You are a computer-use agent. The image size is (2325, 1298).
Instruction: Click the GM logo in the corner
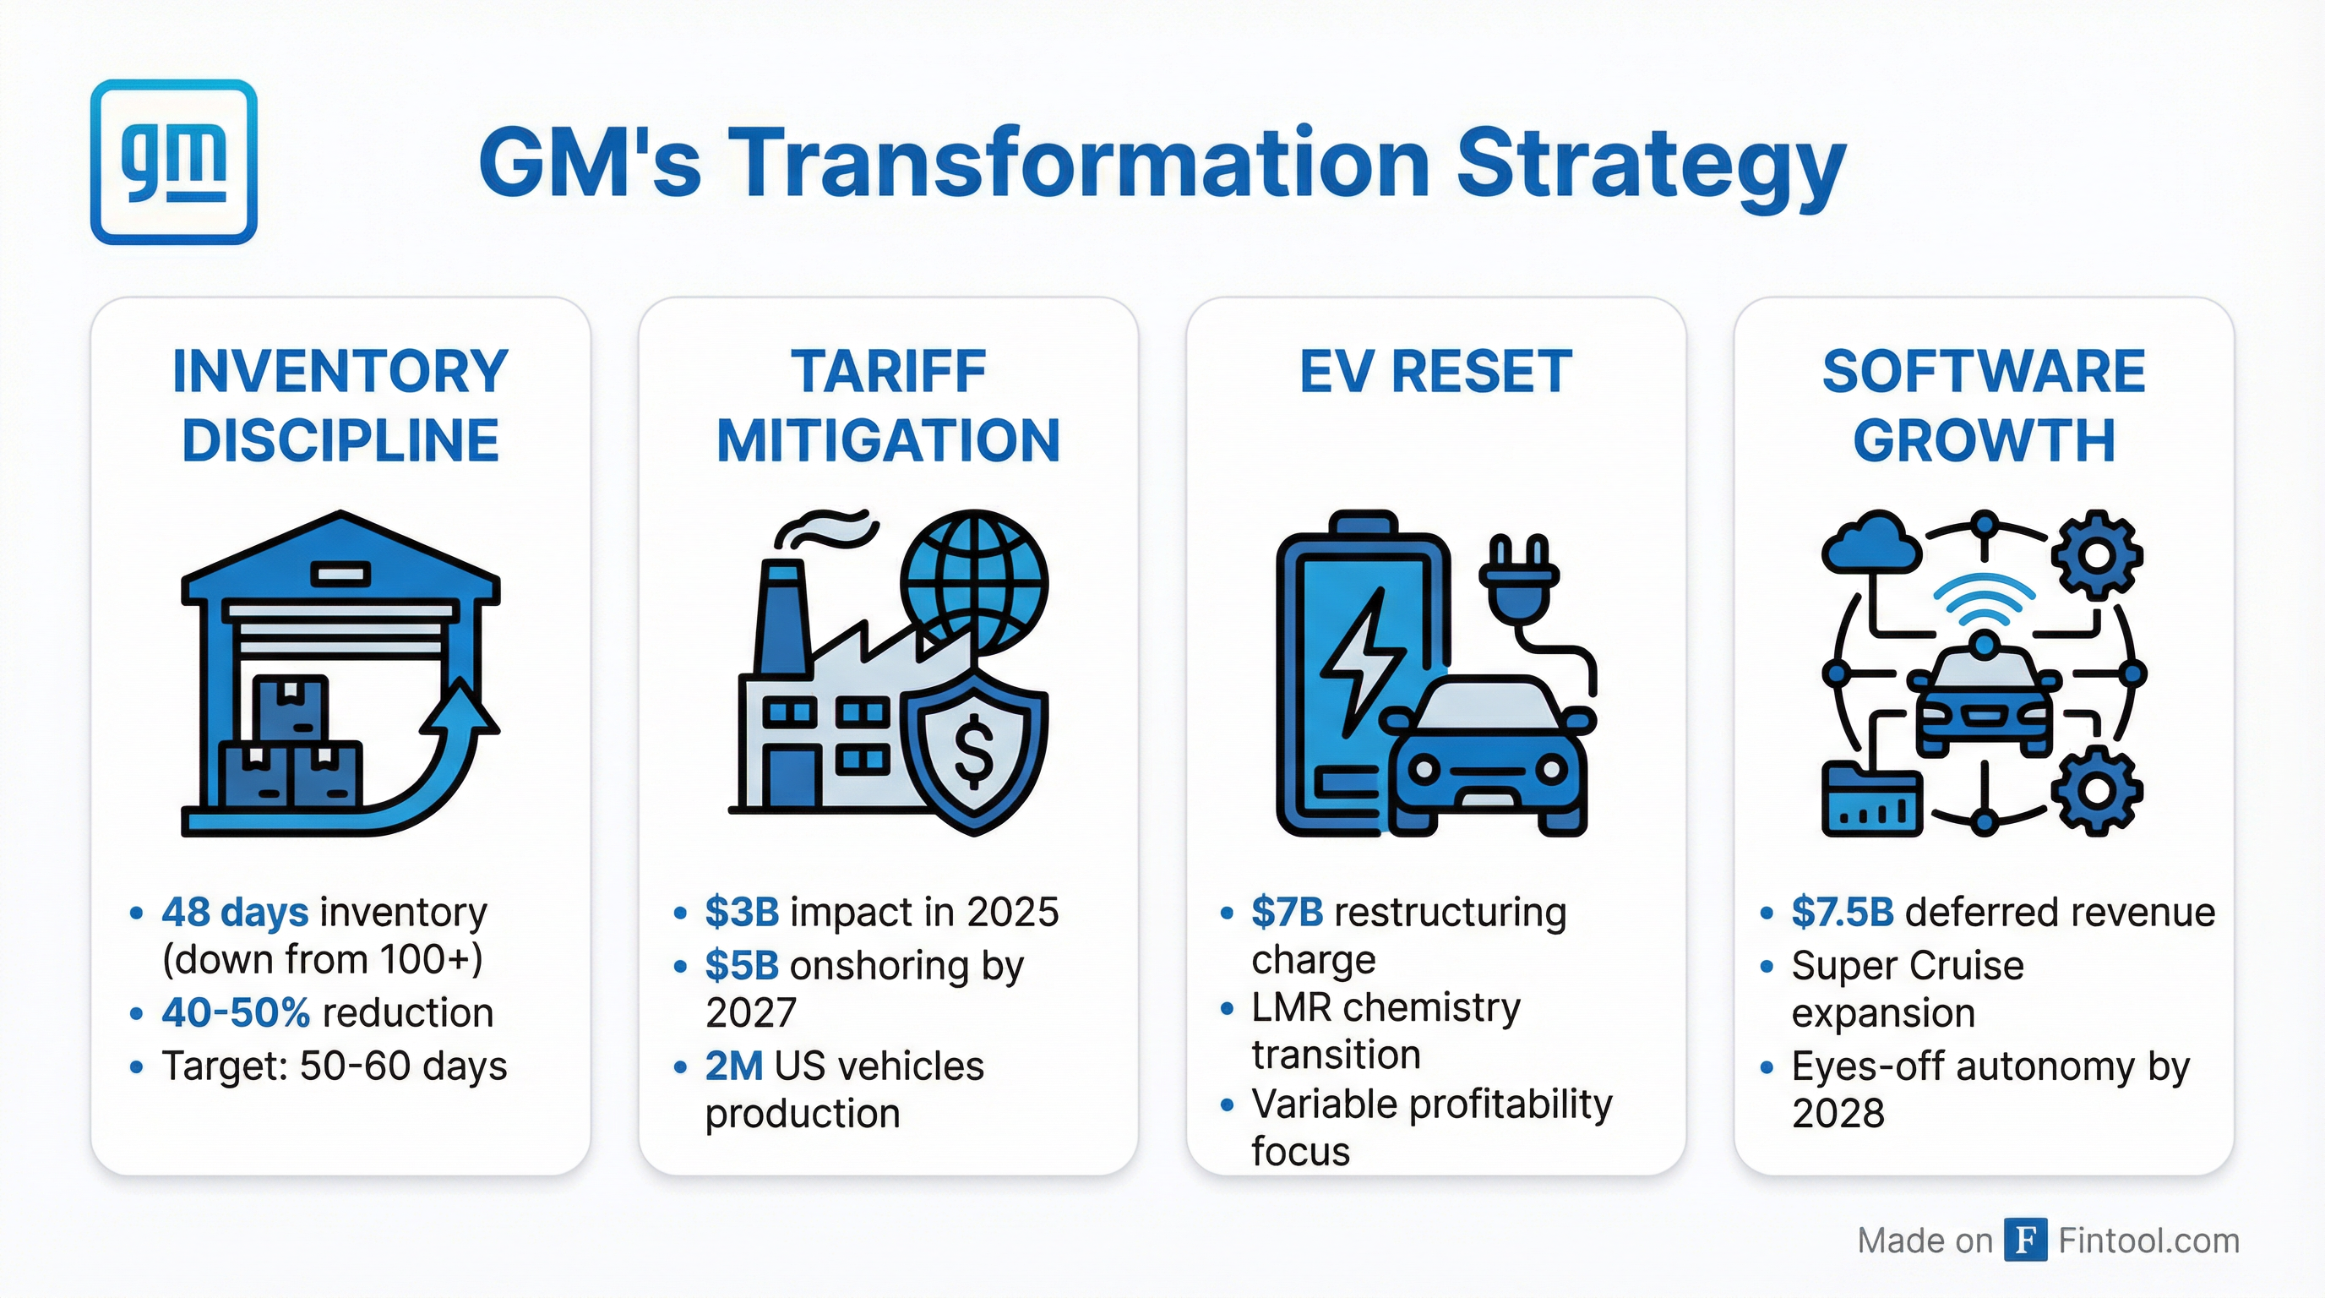[173, 161]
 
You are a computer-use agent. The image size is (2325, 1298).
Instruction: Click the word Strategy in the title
[1651, 164]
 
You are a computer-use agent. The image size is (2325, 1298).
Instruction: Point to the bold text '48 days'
[235, 912]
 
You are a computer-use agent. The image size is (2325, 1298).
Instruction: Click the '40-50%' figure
[236, 1012]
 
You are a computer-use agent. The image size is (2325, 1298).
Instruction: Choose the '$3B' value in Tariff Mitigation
[741, 912]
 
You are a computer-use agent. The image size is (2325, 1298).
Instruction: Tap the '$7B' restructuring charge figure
[1286, 912]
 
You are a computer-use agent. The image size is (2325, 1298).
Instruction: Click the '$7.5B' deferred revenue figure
[1842, 912]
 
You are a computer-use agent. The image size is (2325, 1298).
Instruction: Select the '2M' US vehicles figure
[734, 1066]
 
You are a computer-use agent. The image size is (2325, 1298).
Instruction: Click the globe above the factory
[977, 582]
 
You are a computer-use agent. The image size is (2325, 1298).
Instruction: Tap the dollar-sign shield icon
[975, 750]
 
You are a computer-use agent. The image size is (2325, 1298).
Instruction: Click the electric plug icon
[1517, 578]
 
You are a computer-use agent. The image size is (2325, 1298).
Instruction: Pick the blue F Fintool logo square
[2024, 1240]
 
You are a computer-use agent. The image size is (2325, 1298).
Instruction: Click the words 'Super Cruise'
[1907, 965]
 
